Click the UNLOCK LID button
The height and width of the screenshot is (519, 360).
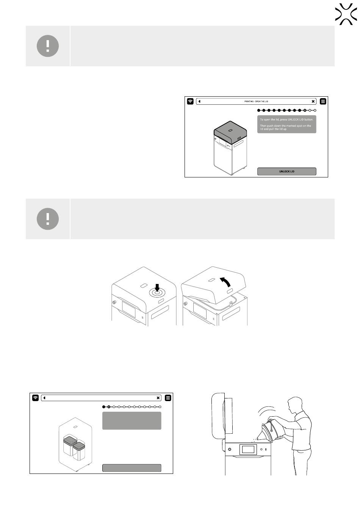click(x=286, y=171)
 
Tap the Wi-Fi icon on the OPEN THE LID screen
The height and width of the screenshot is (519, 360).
click(x=190, y=101)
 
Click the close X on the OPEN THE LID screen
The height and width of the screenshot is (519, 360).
click(x=313, y=101)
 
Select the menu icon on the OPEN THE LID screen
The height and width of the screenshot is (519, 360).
click(x=323, y=101)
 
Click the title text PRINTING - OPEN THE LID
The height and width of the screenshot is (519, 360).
click(x=256, y=102)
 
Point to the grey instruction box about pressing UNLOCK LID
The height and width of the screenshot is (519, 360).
click(x=286, y=124)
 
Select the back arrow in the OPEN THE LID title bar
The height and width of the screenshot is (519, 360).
click(x=199, y=101)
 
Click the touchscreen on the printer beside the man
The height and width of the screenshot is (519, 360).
click(x=248, y=449)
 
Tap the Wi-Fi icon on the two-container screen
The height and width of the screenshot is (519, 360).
click(x=35, y=398)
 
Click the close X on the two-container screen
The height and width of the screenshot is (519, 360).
click(x=158, y=398)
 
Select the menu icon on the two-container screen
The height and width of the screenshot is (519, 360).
click(x=168, y=398)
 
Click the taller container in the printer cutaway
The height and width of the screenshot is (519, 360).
click(x=69, y=445)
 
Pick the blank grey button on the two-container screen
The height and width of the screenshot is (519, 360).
click(x=131, y=468)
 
